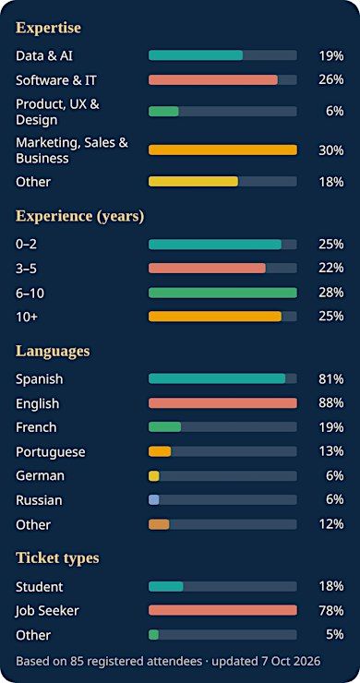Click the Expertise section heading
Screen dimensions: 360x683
[x=48, y=28]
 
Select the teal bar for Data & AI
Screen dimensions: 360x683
[x=196, y=55]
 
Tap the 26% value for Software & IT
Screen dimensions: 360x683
[x=330, y=79]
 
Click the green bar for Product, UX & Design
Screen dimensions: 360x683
[x=163, y=111]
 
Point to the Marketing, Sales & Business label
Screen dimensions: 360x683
[x=72, y=150]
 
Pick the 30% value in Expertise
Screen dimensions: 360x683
[x=330, y=150]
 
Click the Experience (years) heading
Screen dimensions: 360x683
[x=79, y=216]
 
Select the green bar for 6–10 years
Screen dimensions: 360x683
[x=222, y=293]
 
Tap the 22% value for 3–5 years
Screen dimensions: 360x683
[x=330, y=269]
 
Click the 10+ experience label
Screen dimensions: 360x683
[x=27, y=318]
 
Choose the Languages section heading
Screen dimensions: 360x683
[x=53, y=351]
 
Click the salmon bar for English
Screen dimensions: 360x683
[x=222, y=403]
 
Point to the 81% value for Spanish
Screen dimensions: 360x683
[x=330, y=379]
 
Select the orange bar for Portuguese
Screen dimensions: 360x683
[x=160, y=451]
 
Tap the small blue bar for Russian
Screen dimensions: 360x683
[x=154, y=500]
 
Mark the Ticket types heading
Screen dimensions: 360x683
[x=57, y=558]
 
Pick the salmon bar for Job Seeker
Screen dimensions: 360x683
[x=222, y=610]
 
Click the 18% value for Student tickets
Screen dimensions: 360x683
[x=330, y=586]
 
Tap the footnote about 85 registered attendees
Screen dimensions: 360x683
[x=168, y=661]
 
